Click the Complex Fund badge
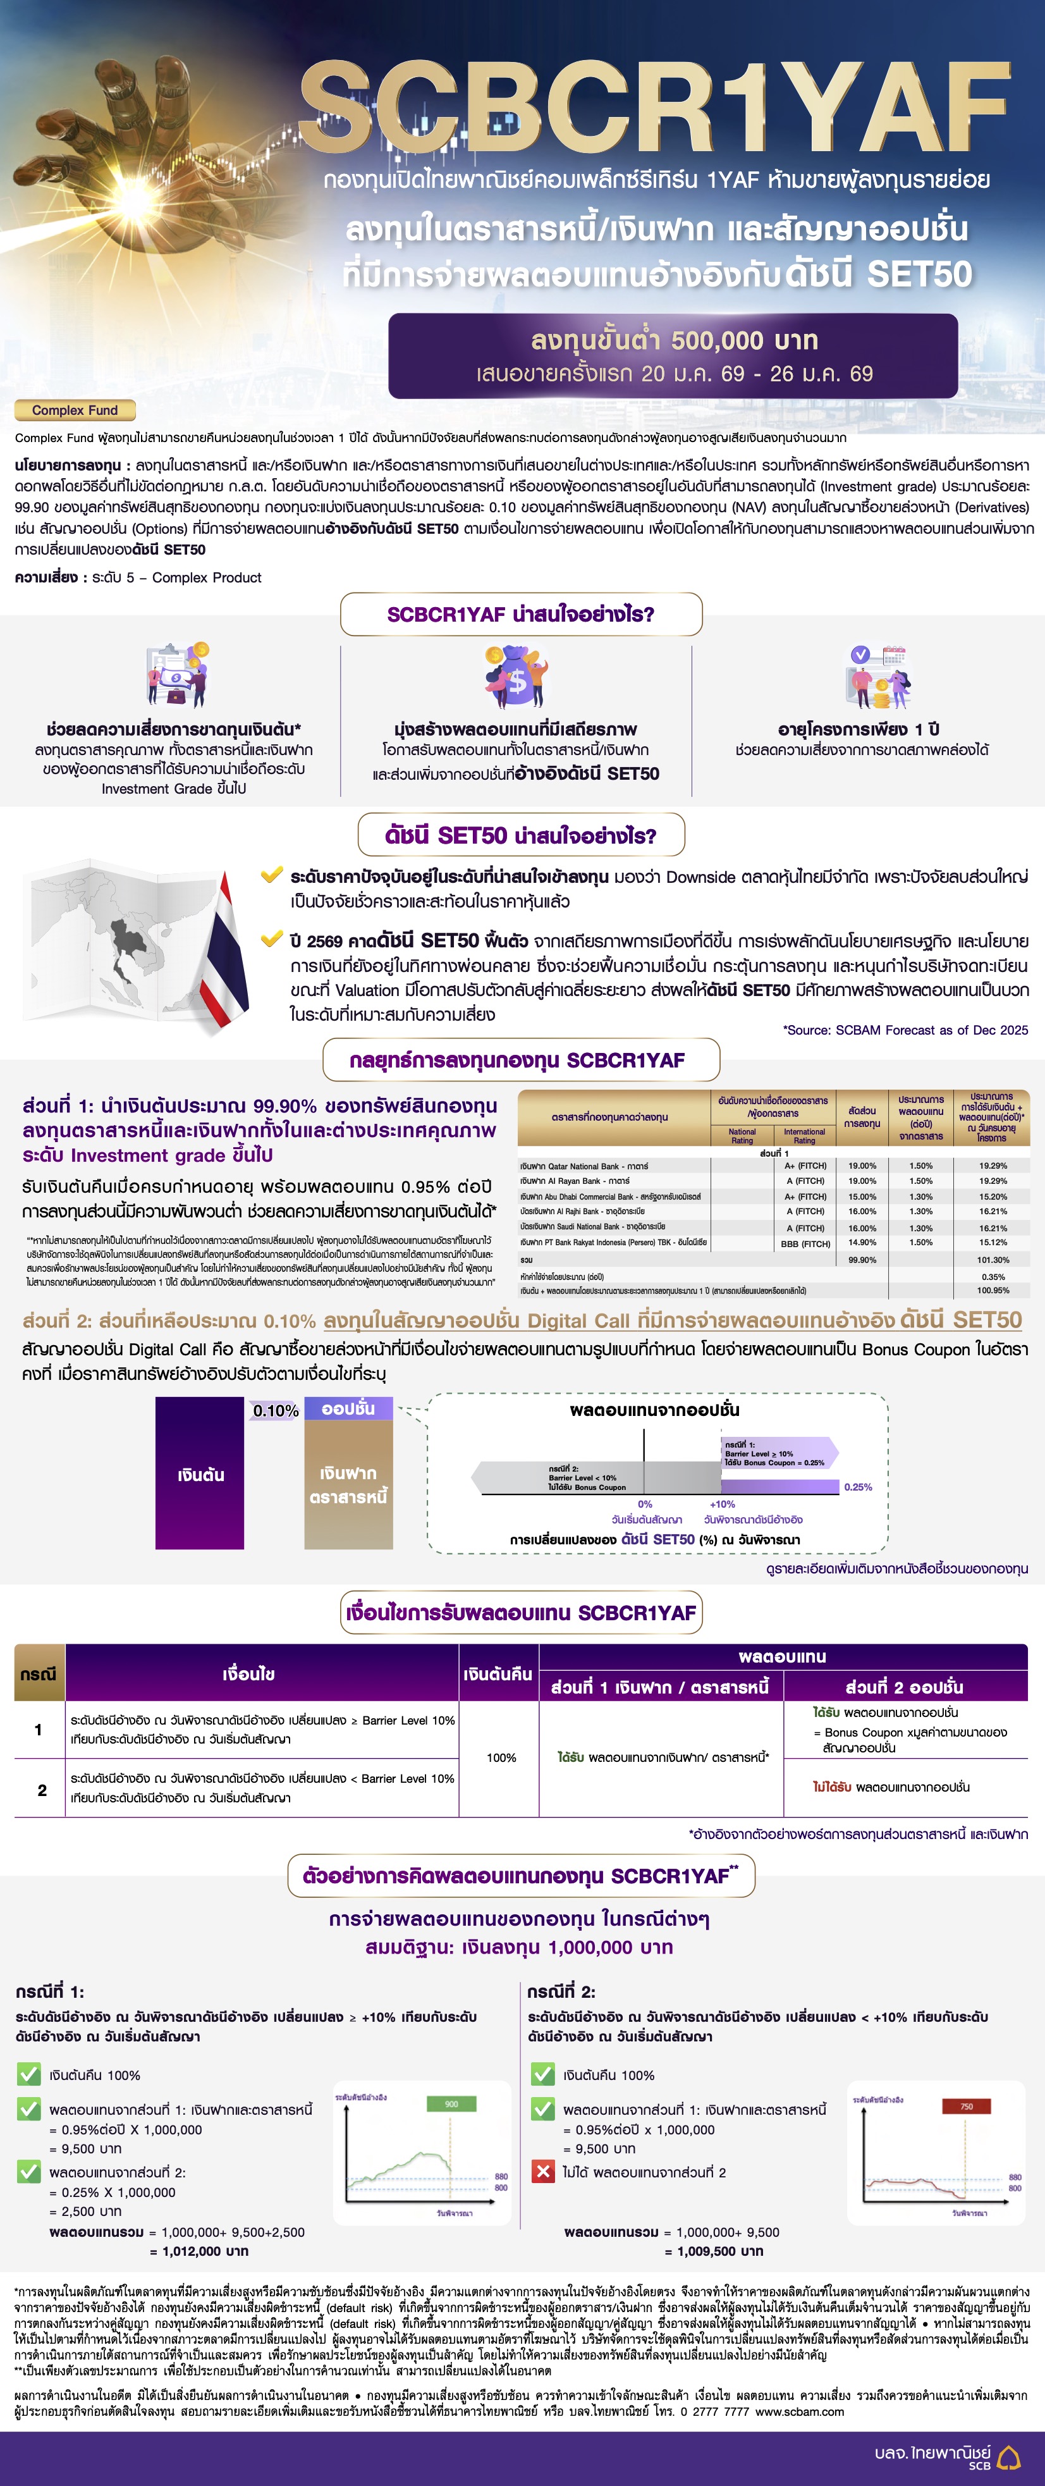75,410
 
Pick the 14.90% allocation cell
862,1243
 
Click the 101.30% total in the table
992,1259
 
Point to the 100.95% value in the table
992,1290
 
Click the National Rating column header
742,1136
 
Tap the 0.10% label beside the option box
275,1411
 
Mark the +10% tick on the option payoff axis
722,1504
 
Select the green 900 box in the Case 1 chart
451,2103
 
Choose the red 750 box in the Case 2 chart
966,2106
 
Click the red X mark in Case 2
543,2172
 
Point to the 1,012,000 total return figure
199,2251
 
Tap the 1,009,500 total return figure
713,2251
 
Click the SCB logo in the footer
1008,2456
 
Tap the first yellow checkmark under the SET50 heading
271,875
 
